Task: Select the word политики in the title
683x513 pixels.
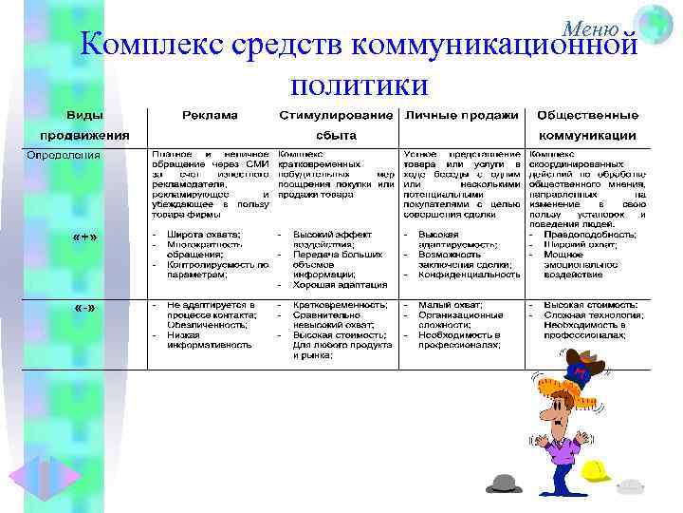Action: coord(360,85)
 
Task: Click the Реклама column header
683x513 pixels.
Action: coord(211,116)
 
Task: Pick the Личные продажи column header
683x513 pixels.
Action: coord(461,116)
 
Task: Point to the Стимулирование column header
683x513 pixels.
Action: coord(336,116)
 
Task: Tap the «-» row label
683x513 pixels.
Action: coord(85,310)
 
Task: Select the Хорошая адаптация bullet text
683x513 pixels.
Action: coord(340,284)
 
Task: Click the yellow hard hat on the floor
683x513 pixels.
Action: coord(596,470)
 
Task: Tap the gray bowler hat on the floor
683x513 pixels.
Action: coord(504,483)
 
